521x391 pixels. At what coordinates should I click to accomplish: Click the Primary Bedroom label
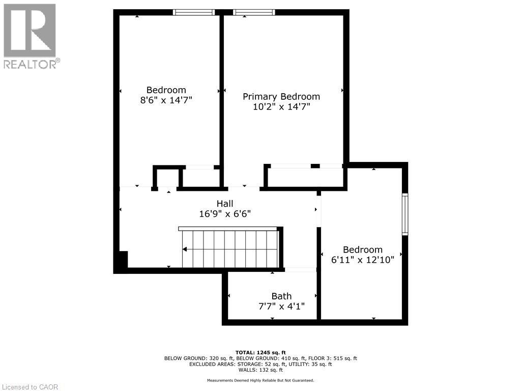coord(281,97)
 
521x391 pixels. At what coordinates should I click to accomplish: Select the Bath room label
coord(281,296)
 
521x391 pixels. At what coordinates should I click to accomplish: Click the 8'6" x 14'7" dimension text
coord(166,100)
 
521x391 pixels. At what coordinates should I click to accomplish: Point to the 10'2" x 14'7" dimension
coord(281,107)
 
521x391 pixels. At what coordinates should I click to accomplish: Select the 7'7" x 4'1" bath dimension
coord(281,306)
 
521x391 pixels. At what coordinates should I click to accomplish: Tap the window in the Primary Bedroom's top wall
coord(254,12)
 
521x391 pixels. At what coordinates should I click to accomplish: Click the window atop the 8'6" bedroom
coord(194,12)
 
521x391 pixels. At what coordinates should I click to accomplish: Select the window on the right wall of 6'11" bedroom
coord(405,214)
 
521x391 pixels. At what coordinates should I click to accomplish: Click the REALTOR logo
coord(30,36)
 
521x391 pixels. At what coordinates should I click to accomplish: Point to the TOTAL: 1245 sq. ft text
coord(260,352)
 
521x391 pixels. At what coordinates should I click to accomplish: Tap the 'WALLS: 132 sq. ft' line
coord(260,370)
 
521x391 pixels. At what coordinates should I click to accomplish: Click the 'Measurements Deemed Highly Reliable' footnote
coord(260,380)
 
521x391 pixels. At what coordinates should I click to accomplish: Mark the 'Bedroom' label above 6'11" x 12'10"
coord(362,249)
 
